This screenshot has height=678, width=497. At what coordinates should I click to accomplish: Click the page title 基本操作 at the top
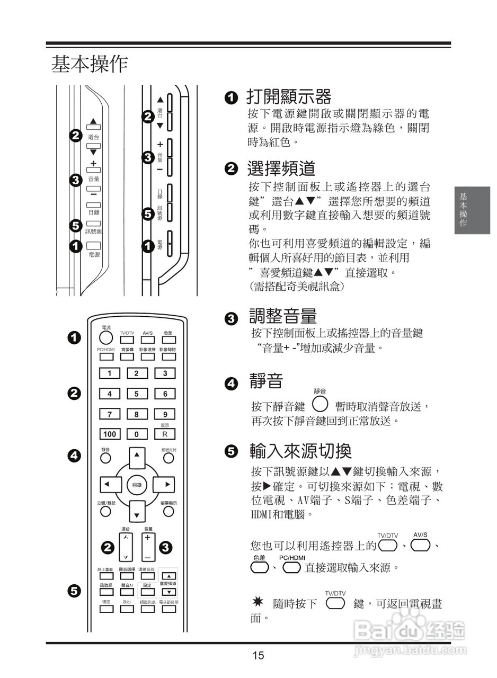point(89,64)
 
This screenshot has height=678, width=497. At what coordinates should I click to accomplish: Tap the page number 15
point(258,656)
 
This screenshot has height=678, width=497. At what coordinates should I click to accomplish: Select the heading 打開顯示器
point(289,97)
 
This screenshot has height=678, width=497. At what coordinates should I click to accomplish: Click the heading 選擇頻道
point(281,169)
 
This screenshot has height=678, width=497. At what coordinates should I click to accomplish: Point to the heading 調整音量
point(283,317)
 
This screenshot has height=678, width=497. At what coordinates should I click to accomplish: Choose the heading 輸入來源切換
point(300,451)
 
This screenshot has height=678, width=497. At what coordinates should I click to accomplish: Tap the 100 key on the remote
point(110,434)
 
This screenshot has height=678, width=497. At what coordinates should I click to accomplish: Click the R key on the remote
point(165,434)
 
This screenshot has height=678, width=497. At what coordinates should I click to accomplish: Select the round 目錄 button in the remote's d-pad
point(137,485)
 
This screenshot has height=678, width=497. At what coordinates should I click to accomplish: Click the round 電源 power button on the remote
point(106,338)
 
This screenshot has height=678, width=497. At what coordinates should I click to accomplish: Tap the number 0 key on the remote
point(137,434)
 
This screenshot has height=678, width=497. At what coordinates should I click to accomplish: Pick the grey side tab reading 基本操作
point(471,210)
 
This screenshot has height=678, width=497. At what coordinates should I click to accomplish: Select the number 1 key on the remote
point(110,373)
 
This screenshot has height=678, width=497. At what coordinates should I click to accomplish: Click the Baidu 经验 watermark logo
point(408,630)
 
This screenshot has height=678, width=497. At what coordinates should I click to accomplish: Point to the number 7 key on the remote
point(110,414)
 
